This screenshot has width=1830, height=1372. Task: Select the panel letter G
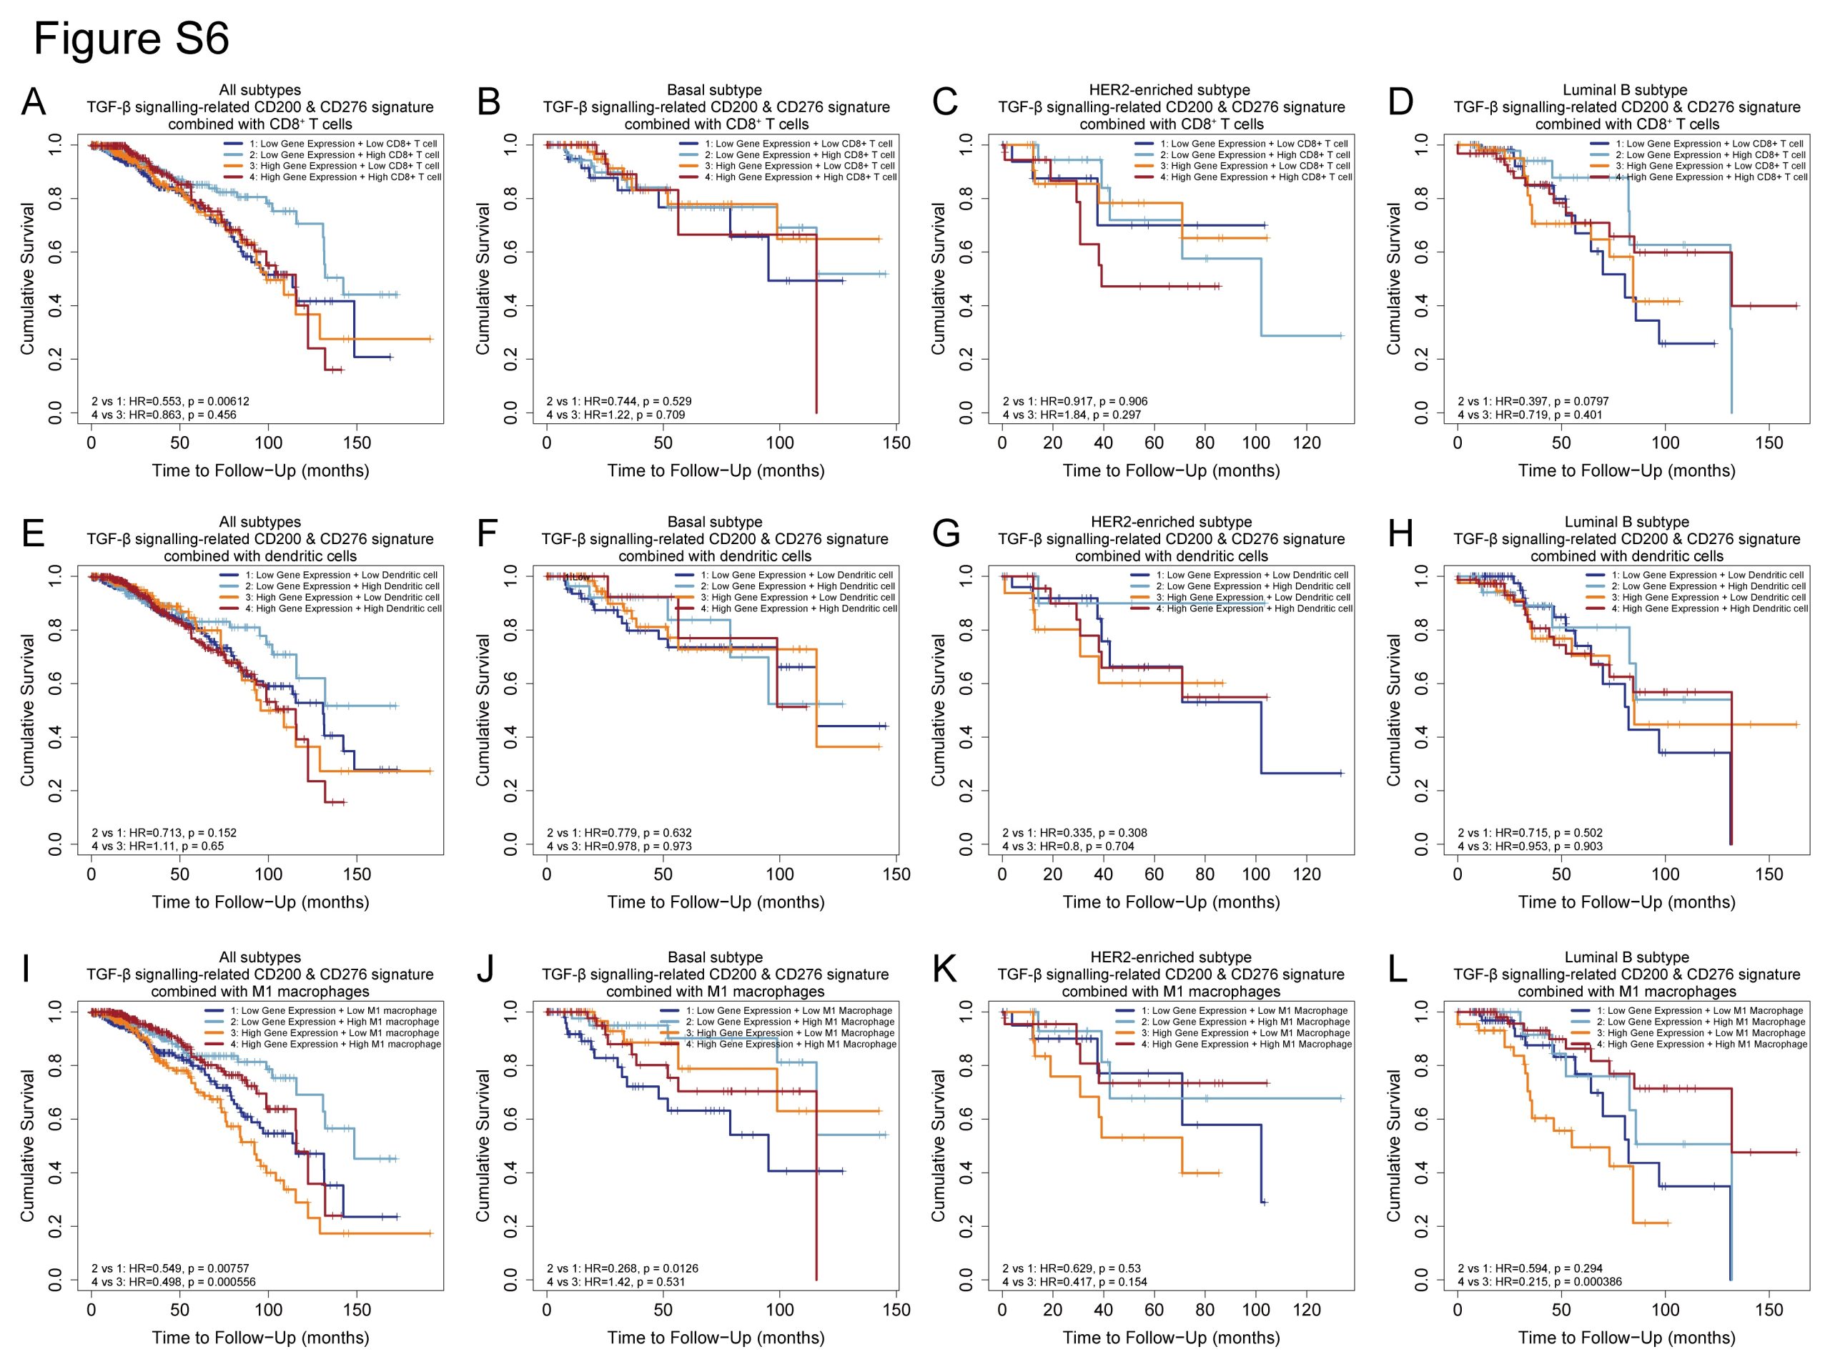pyautogui.click(x=945, y=535)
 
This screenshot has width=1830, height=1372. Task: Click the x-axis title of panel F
pyautogui.click(x=716, y=902)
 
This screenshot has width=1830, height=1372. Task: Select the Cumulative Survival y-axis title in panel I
pyautogui.click(x=27, y=1145)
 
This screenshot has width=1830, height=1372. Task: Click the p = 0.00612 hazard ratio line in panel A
pyautogui.click(x=170, y=401)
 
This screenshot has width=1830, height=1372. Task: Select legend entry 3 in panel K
pyautogui.click(x=1246, y=1032)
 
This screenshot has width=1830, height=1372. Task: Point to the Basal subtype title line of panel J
pyautogui.click(x=716, y=957)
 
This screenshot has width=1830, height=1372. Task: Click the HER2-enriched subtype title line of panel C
pyautogui.click(x=1171, y=89)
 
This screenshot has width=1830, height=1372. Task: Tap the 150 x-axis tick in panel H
pyautogui.click(x=1769, y=874)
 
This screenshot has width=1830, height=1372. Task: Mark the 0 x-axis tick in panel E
pyautogui.click(x=91, y=874)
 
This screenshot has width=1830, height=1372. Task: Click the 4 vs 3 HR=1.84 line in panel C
pyautogui.click(x=1072, y=415)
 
